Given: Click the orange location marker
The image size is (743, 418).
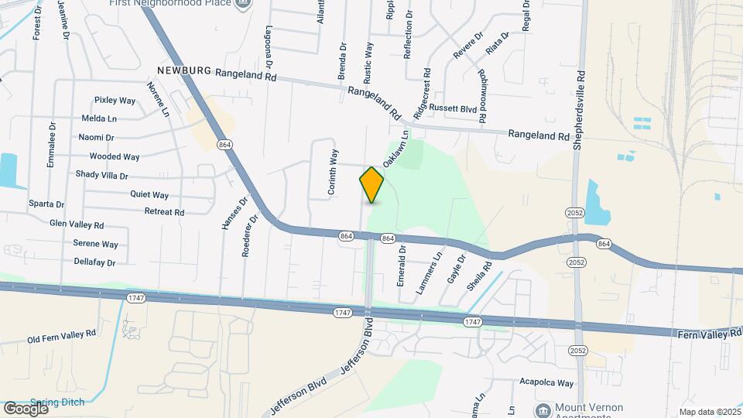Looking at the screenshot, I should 372,184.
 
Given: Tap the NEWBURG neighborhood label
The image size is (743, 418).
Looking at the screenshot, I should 183,70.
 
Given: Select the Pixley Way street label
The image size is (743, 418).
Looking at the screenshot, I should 115,101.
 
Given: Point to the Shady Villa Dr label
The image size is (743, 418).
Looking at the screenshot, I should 101,176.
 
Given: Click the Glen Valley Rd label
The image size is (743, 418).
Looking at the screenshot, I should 77,224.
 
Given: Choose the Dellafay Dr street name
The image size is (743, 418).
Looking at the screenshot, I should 94,263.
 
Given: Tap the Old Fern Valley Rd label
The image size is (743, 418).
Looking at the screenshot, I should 61,336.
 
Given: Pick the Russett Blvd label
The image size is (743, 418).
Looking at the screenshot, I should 454,109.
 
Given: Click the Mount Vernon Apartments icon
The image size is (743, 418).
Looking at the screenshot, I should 543,409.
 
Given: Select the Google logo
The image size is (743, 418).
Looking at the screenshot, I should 25,408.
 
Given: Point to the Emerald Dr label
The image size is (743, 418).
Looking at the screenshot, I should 402,266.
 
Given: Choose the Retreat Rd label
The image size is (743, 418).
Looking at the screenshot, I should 164,211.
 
